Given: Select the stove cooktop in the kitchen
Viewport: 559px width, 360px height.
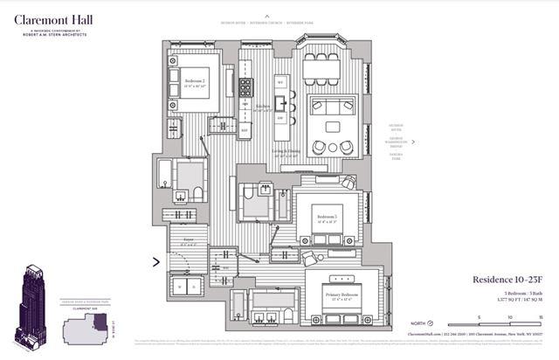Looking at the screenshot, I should click(245, 87).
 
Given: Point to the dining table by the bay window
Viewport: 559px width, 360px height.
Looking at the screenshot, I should click(321, 69).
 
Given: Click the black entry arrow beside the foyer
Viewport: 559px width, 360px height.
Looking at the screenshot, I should click(156, 260).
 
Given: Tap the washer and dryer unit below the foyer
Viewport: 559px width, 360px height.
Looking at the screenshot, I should click(187, 285).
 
